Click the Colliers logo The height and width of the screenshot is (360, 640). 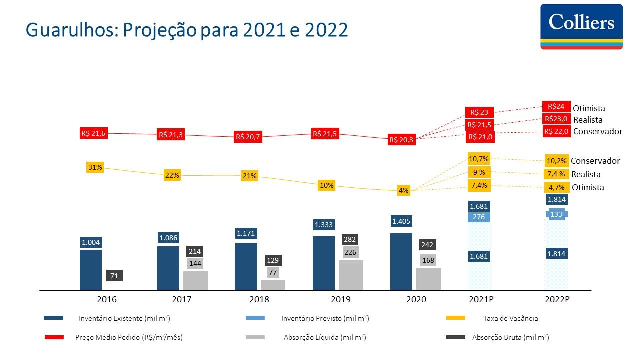pos(581,26)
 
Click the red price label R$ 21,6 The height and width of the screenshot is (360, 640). pos(93,133)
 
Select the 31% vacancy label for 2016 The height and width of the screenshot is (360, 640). pos(95,168)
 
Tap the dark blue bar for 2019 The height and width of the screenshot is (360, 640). pos(324,263)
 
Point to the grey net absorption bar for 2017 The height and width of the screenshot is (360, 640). pos(195,280)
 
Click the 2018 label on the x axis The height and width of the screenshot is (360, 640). pos(259,300)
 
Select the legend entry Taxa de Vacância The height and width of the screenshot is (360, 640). pos(510,318)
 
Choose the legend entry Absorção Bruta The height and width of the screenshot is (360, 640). pos(510,337)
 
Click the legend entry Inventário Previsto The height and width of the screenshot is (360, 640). pos(325,318)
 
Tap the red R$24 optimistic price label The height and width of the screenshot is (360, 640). pos(556,106)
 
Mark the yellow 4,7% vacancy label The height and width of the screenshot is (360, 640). pos(556,187)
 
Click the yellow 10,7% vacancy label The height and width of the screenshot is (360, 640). pos(479,159)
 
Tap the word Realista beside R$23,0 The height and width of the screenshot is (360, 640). pos(588,120)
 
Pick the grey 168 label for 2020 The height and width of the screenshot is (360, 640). pos(428,260)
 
